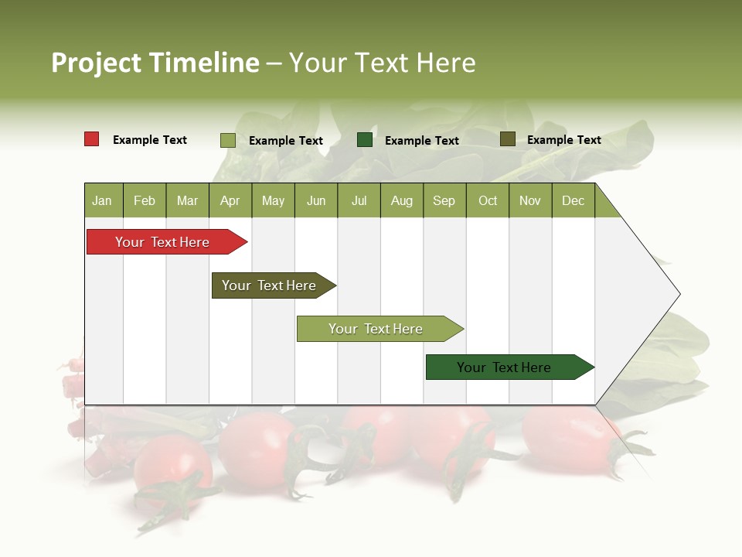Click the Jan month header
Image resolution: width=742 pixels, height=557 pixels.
pos(102,201)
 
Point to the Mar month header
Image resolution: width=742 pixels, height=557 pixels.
pos(187,201)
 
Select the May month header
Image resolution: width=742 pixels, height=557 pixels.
pos(273,201)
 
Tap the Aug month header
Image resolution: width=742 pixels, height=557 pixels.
pos(401,201)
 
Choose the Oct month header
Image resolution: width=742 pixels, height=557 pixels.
pos(488,201)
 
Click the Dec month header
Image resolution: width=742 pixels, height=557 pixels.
pos(573,201)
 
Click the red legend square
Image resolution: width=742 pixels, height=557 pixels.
pos(92,139)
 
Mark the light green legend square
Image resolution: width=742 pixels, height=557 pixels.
pos(228,140)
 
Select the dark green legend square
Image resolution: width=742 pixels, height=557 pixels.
pos(365,140)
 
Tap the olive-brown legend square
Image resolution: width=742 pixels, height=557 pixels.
pos(507,139)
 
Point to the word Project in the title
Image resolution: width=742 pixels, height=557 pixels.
pos(96,63)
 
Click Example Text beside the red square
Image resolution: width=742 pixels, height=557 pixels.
pos(150,140)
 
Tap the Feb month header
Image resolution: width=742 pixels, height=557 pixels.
pos(145,201)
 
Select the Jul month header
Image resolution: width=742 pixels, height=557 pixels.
pos(359,201)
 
